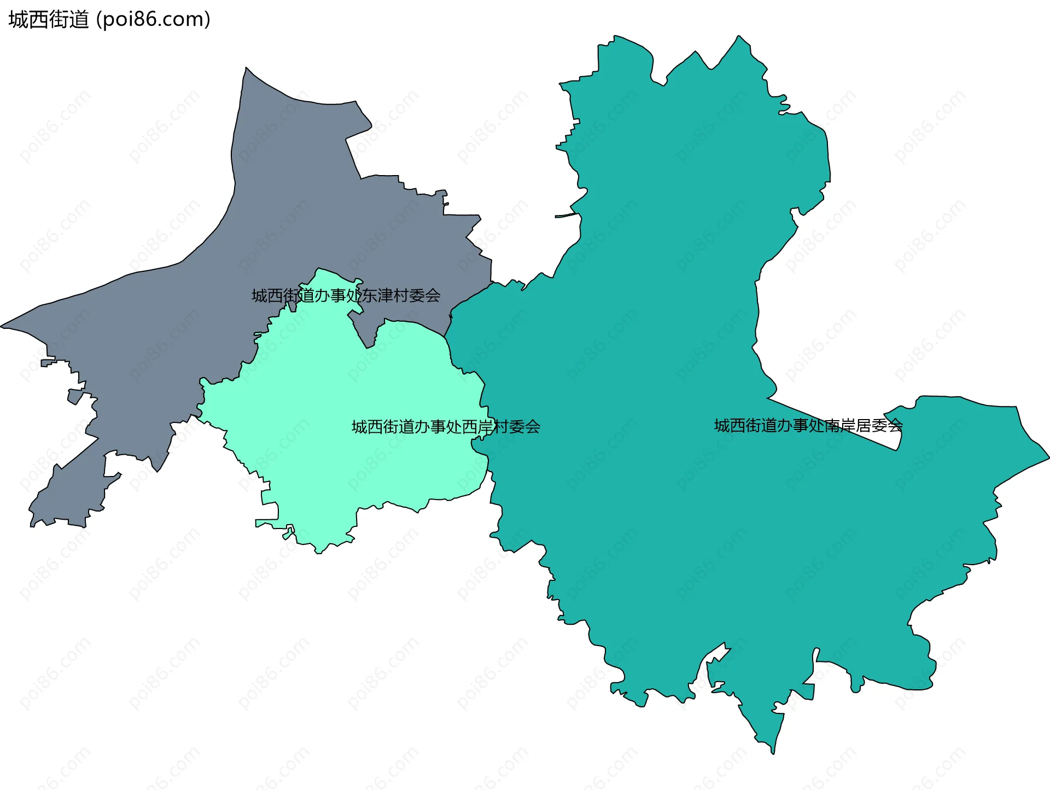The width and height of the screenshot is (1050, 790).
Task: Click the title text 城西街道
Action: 48,20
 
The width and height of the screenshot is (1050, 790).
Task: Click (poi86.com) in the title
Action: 153,20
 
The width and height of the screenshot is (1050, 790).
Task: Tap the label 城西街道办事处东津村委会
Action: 346,296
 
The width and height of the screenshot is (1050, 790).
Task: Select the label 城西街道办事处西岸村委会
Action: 446,427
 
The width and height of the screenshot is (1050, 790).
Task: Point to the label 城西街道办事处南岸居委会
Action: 808,426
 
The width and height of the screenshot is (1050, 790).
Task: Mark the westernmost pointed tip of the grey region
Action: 2,327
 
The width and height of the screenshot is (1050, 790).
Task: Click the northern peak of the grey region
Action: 247,69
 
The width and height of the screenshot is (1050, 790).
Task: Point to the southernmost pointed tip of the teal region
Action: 774,752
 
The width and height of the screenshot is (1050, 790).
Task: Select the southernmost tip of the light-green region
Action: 318,552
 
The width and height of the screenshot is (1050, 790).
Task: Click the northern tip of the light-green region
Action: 318,270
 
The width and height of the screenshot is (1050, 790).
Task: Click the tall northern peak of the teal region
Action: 739,37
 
